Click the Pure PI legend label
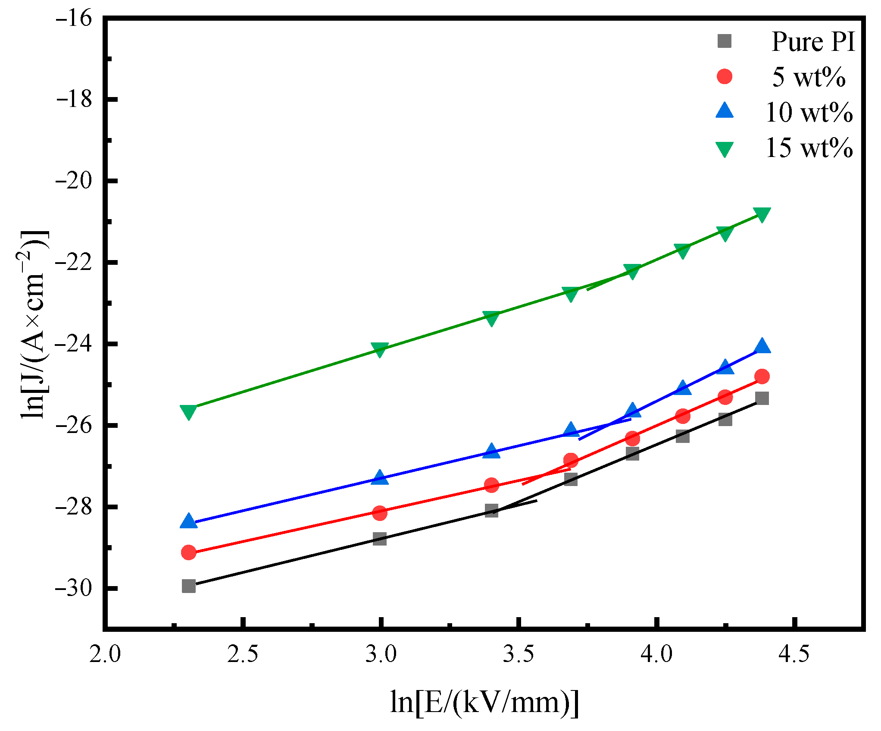(812, 42)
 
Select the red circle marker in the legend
(725, 77)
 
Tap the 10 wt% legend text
(809, 113)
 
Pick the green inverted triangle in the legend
(725, 149)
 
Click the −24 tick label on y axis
(74, 344)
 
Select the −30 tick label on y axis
(74, 588)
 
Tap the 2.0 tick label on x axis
(105, 655)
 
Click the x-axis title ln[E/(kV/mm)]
(484, 702)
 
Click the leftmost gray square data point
(189, 586)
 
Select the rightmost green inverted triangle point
(762, 214)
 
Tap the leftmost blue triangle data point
(189, 521)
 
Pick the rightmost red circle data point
(762, 376)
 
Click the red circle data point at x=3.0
(380, 513)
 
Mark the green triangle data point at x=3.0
(380, 350)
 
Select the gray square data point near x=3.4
(491, 511)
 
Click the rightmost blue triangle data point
(762, 346)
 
